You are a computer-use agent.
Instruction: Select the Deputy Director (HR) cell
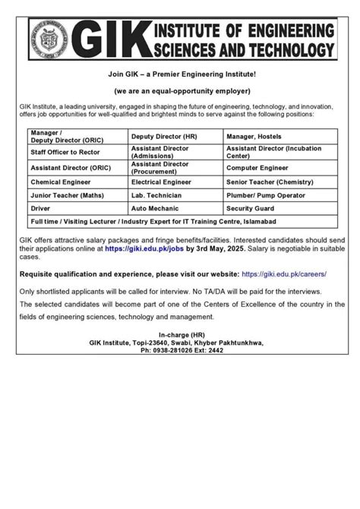(x=160, y=134)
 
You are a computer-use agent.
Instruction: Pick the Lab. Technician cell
(x=156, y=195)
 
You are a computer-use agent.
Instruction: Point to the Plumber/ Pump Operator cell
(x=267, y=195)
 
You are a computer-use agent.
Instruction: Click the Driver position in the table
(x=41, y=207)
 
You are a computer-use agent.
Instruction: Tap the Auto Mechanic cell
(x=155, y=207)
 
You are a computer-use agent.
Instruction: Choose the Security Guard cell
(x=252, y=207)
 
